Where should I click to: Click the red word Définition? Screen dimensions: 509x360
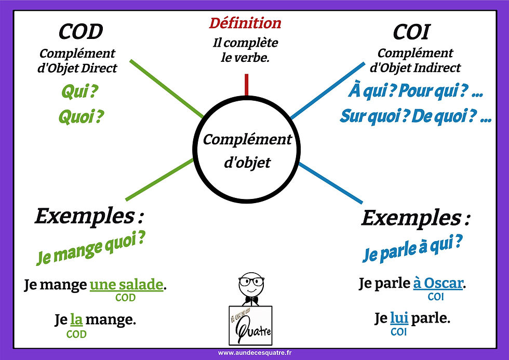(245, 23)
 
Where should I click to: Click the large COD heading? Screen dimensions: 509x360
(81, 32)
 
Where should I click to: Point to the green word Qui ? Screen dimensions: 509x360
(80, 93)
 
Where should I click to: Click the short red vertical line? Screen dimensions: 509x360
(247, 85)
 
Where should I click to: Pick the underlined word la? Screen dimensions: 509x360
(76, 319)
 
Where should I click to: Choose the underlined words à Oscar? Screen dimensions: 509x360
(437, 284)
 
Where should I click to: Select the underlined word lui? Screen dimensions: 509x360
(398, 317)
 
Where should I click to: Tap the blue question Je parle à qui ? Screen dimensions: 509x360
(412, 248)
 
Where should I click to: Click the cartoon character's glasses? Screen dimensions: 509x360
(251, 283)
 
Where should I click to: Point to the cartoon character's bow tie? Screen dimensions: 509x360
(251, 301)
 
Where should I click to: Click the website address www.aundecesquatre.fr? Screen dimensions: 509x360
(254, 353)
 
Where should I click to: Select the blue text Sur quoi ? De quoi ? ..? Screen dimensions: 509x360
(415, 115)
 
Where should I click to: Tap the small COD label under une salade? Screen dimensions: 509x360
(126, 298)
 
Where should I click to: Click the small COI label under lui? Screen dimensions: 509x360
(398, 331)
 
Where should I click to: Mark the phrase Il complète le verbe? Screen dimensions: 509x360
(245, 50)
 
